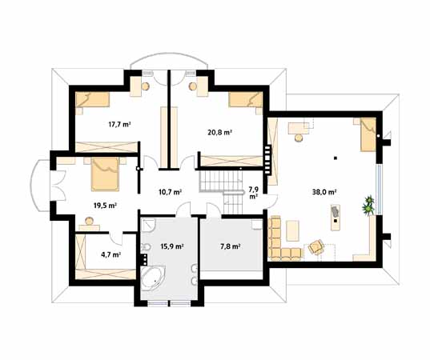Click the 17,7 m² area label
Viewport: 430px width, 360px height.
[119, 125]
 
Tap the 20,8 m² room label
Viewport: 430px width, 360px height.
[220, 133]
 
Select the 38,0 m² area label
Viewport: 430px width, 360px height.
[324, 192]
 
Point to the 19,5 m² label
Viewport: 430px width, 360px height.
[106, 206]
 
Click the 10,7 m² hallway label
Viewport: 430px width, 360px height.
[170, 192]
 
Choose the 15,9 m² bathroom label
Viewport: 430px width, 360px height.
[172, 246]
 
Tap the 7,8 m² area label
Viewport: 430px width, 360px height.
[231, 246]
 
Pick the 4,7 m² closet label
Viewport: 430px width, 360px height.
[111, 254]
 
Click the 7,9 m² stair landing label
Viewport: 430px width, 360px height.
[253, 193]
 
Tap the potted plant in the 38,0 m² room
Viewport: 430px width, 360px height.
[368, 206]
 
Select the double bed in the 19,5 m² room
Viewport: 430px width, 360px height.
[105, 174]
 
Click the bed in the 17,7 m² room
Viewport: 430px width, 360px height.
[92, 100]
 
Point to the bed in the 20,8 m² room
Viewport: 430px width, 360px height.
[246, 100]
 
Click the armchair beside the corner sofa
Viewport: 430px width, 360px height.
[316, 246]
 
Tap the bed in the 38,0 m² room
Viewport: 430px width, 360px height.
[368, 134]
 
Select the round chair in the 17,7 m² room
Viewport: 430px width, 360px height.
[145, 86]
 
